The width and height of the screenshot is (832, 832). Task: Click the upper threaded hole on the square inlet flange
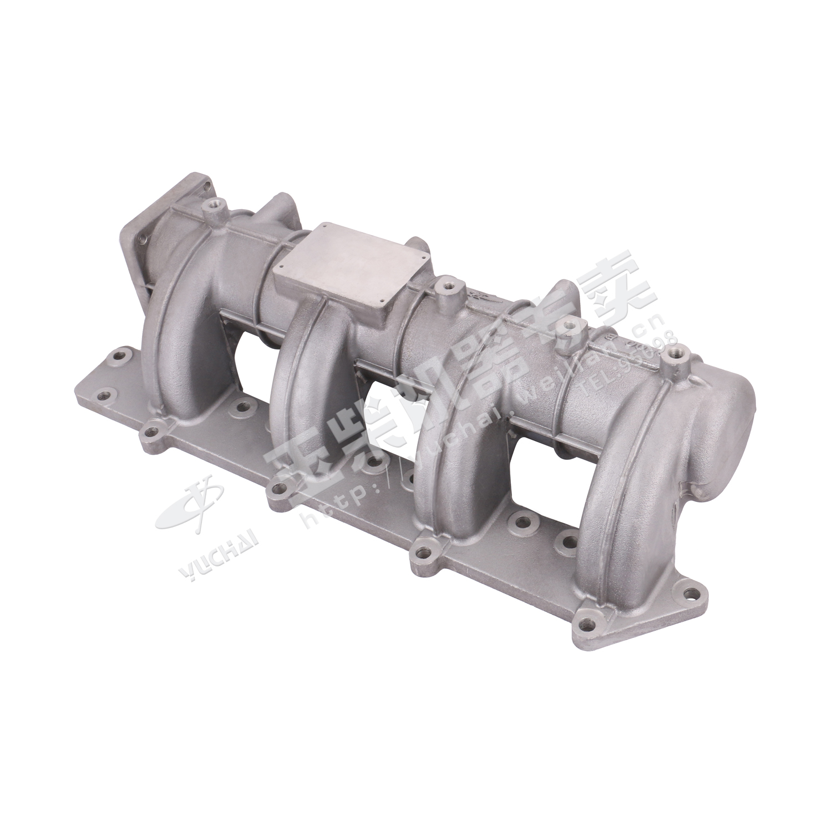point(206,186)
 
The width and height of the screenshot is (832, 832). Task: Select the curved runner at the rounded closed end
point(610,499)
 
